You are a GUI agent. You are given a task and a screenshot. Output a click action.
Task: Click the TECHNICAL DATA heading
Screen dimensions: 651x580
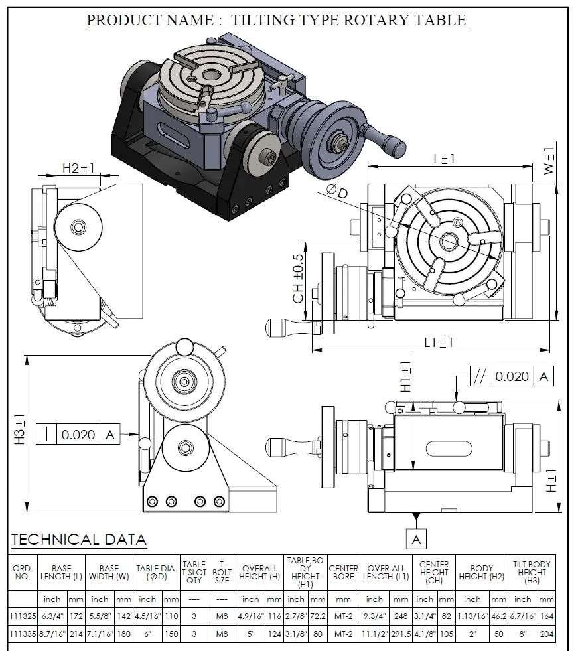(x=79, y=539)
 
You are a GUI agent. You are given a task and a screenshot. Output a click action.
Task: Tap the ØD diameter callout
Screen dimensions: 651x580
(x=338, y=192)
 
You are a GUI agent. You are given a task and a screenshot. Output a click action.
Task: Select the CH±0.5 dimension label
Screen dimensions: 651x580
(x=299, y=278)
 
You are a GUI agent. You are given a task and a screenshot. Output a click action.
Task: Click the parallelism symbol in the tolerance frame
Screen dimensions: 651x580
(x=479, y=376)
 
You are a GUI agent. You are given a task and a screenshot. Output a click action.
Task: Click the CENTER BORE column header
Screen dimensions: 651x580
(x=343, y=573)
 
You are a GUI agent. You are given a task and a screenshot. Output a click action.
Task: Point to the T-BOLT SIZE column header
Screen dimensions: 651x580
(x=222, y=573)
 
